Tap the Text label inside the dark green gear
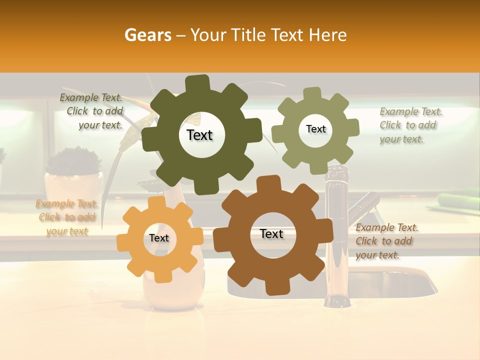point(199,135)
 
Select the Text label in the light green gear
point(315,129)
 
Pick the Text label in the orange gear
point(159,238)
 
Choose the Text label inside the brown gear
point(271,234)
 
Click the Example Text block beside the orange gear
point(67,217)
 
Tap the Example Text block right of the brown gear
point(385,241)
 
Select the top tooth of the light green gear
point(312,94)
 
